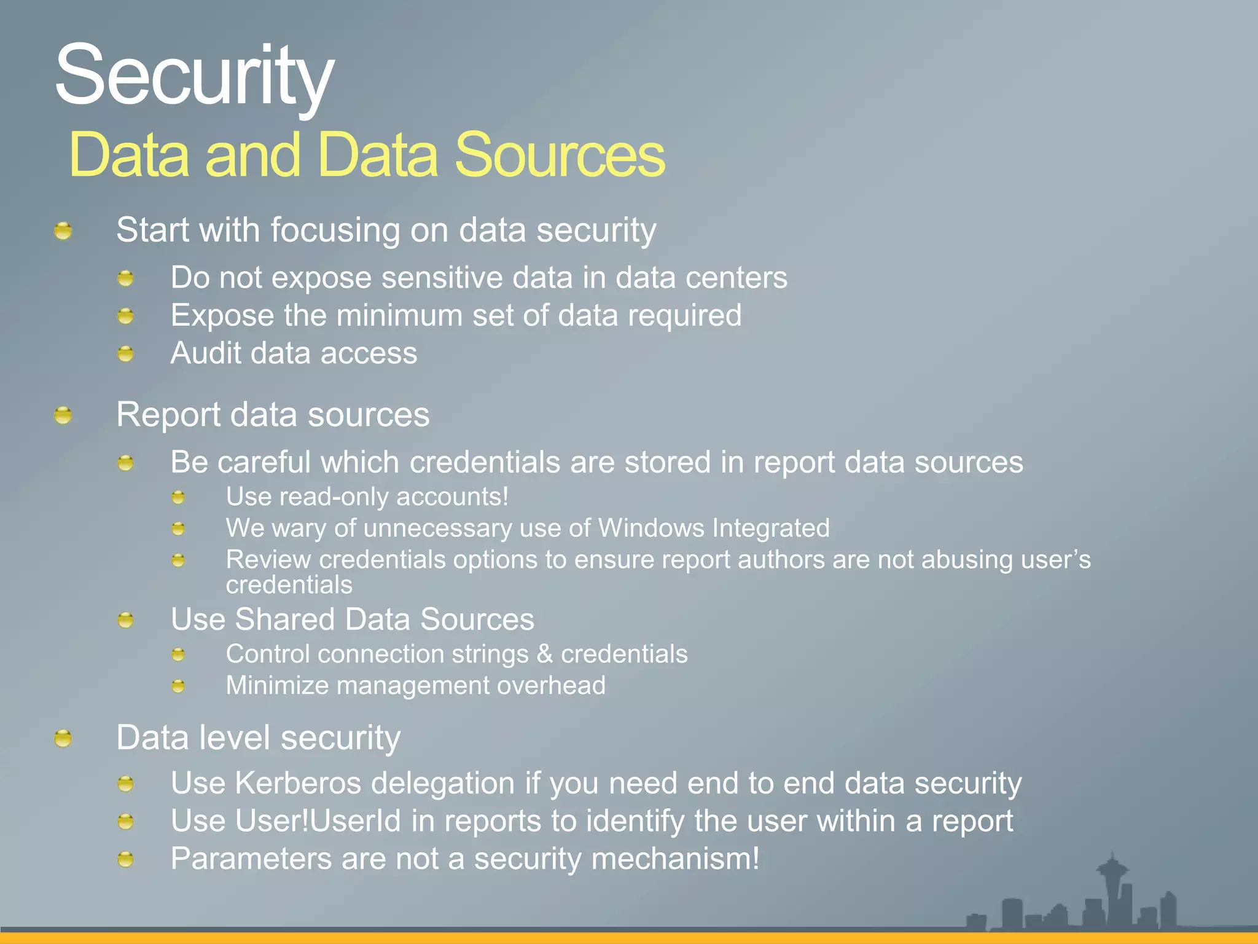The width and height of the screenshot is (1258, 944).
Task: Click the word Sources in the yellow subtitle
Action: tap(559, 155)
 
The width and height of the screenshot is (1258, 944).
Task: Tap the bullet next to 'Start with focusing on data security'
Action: tap(63, 231)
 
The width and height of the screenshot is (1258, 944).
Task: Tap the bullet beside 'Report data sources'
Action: tap(63, 416)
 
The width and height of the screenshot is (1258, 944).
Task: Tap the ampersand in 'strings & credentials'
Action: tap(544, 654)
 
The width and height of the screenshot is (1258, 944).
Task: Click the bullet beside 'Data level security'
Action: tap(63, 738)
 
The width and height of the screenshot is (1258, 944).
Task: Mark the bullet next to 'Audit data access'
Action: tap(125, 354)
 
